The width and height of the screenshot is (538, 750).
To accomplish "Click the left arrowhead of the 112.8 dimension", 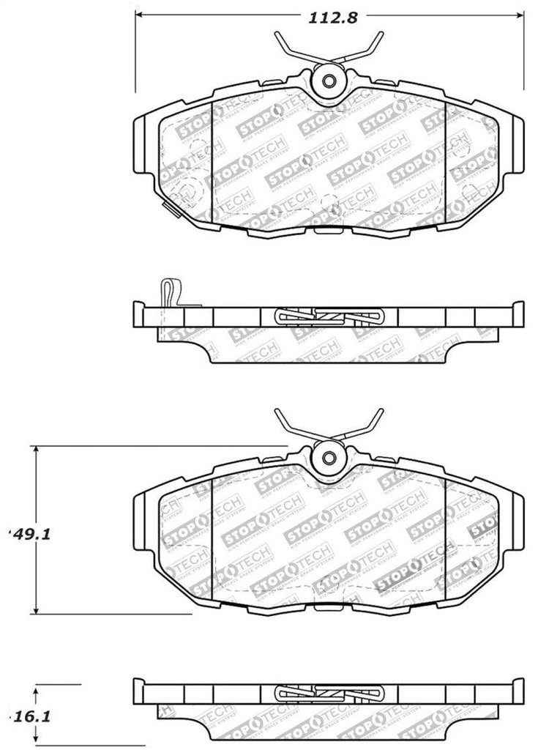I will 139,14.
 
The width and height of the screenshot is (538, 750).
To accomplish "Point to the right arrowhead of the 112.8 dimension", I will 520,14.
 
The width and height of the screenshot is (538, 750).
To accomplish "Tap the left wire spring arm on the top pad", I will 292,48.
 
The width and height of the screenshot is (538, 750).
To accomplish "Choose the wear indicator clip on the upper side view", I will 168,293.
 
